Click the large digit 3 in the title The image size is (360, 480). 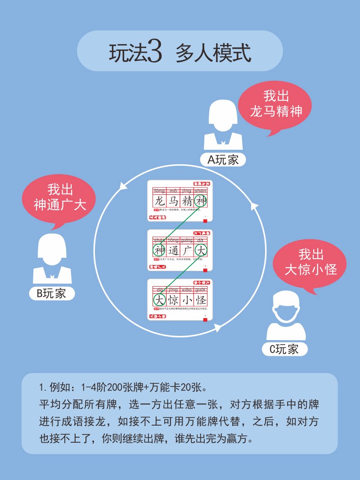pos(153,53)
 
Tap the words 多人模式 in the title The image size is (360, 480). pos(213,53)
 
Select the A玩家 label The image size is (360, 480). pos(223,159)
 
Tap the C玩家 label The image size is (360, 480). pos(284,349)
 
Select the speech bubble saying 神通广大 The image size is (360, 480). pos(60,198)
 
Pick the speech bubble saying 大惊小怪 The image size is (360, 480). pos(311,263)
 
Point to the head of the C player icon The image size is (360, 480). pos(286,306)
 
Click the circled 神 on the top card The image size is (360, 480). pos(201,201)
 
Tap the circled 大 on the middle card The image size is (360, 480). pos(201,250)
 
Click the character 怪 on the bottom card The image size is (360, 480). pos(201,300)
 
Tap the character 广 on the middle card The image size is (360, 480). pos(187,250)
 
